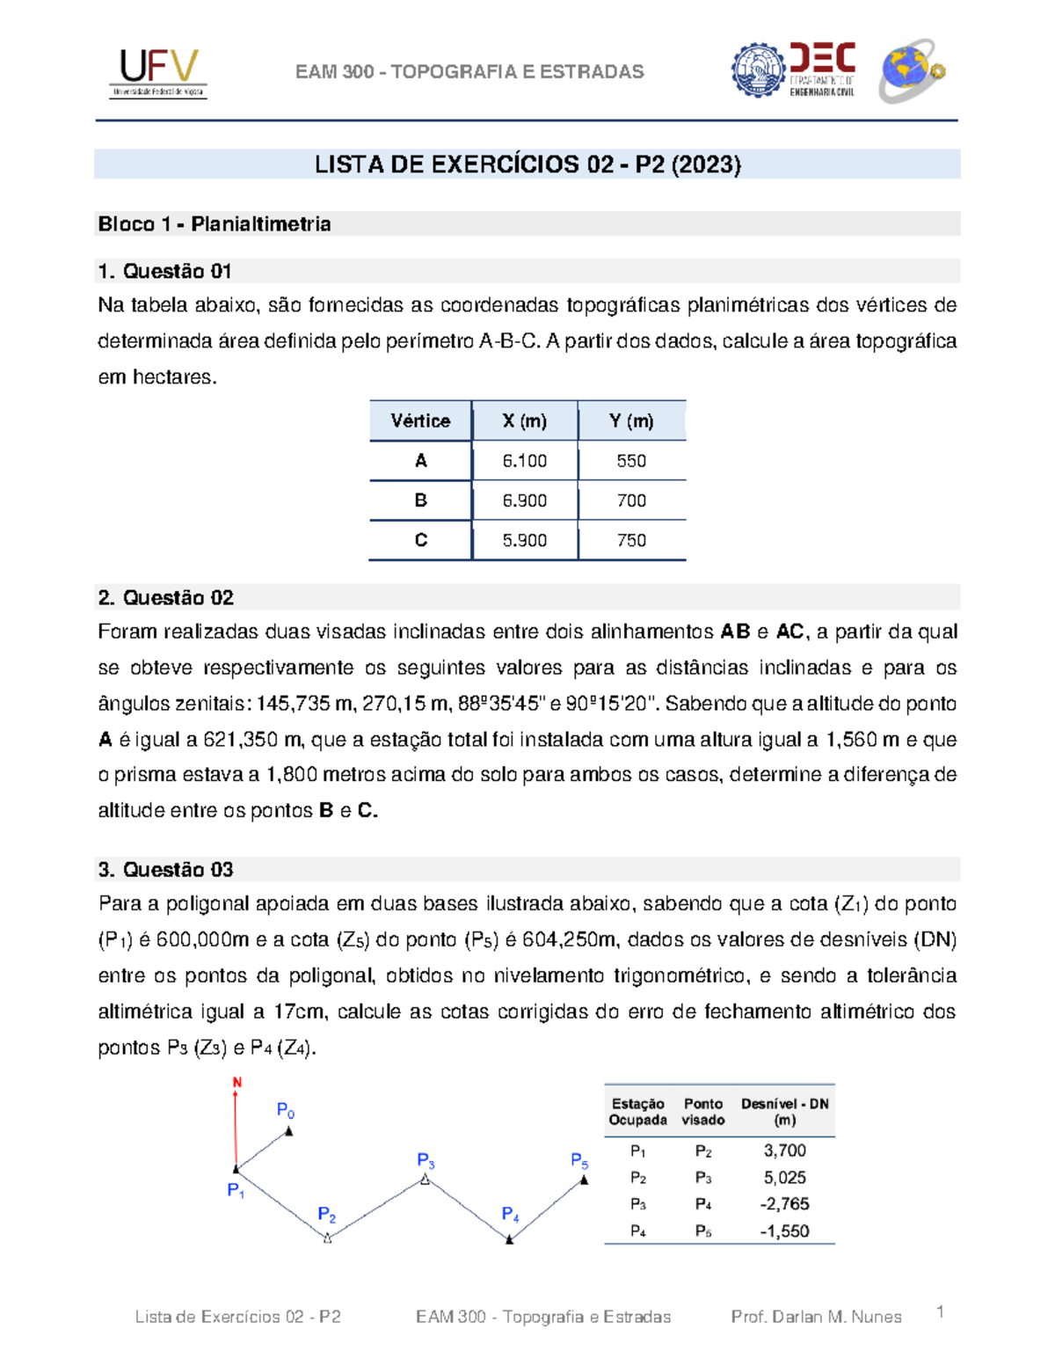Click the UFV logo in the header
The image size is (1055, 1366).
coord(158,72)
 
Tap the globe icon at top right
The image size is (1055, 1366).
coord(912,70)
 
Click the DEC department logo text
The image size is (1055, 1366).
coord(822,69)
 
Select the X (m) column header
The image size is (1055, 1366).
coord(525,421)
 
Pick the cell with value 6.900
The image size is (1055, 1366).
coord(525,500)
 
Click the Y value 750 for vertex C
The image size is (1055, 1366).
coord(631,540)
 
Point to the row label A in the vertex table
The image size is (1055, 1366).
coord(420,461)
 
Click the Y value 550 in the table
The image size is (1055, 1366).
coord(631,461)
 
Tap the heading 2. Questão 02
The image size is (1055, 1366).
coord(166,598)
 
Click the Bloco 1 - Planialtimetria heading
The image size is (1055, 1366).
coord(215,224)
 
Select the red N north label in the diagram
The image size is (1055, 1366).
coord(236,1083)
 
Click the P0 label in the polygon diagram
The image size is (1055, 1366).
coord(286,1111)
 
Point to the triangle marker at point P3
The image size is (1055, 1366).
coord(425,1180)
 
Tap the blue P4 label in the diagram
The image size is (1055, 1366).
coord(510,1215)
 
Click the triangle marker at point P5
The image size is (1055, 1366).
coord(584,1180)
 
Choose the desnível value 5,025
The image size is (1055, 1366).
coord(784,1178)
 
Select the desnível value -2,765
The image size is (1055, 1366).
coord(784,1204)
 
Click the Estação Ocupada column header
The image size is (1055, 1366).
coord(637,1112)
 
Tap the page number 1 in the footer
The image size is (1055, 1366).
coord(940,1312)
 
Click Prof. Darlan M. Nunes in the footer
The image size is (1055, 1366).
coord(816,1317)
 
